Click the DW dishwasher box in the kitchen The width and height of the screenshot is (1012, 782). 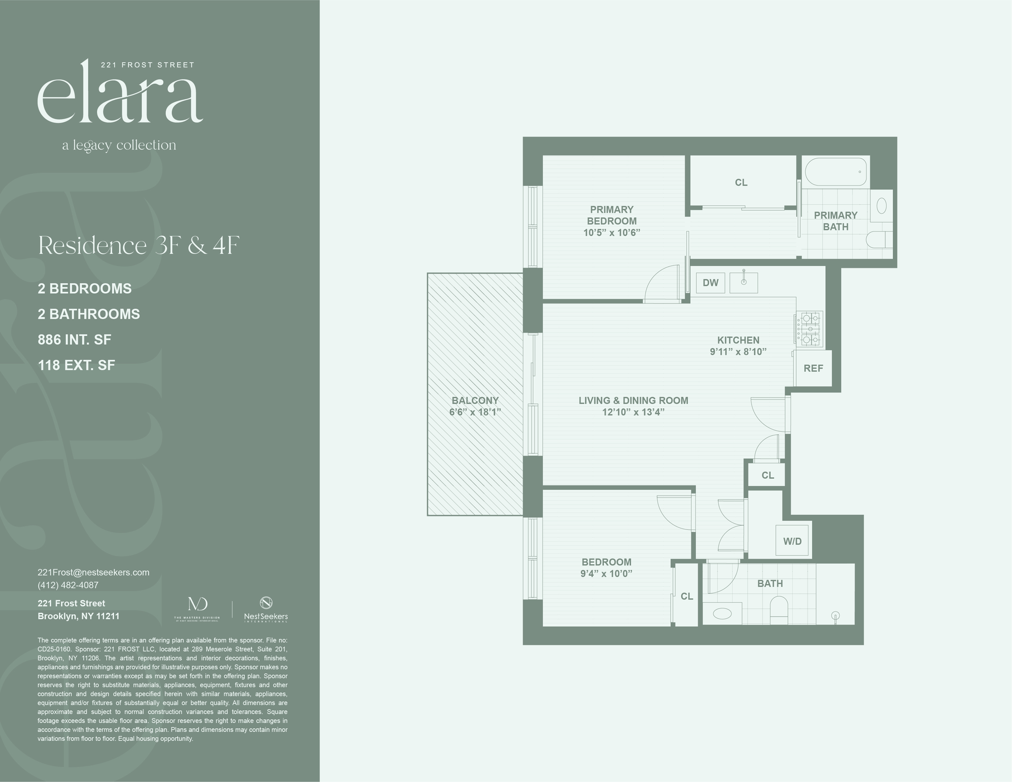coord(710,283)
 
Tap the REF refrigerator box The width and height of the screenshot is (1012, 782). coord(813,368)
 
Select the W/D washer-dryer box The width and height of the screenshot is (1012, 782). coord(792,541)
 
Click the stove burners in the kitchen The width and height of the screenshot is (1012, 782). coord(809,329)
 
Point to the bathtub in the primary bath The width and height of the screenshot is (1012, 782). coord(836,171)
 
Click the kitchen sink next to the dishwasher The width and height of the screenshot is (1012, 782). coord(744,283)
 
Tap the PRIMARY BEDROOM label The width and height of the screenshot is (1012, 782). coord(612,215)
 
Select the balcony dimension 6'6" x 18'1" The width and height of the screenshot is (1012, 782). coord(475,412)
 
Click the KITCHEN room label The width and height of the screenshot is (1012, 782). coord(738,340)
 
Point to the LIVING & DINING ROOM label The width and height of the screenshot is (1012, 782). coord(633,400)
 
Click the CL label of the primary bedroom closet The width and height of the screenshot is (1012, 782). coord(741,182)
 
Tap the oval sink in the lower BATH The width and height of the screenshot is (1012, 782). coord(722,613)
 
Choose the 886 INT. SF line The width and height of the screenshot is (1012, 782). coord(74,340)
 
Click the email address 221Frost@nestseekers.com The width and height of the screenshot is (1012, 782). coord(93,572)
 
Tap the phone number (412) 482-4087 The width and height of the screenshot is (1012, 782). coord(68,585)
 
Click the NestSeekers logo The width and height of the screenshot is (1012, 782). coord(266,609)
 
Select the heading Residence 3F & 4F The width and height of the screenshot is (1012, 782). coord(139,245)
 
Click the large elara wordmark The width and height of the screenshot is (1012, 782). coord(120,95)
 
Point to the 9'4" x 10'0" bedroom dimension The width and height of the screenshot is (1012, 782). coord(606,574)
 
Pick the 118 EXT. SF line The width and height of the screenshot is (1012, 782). coord(76,365)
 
